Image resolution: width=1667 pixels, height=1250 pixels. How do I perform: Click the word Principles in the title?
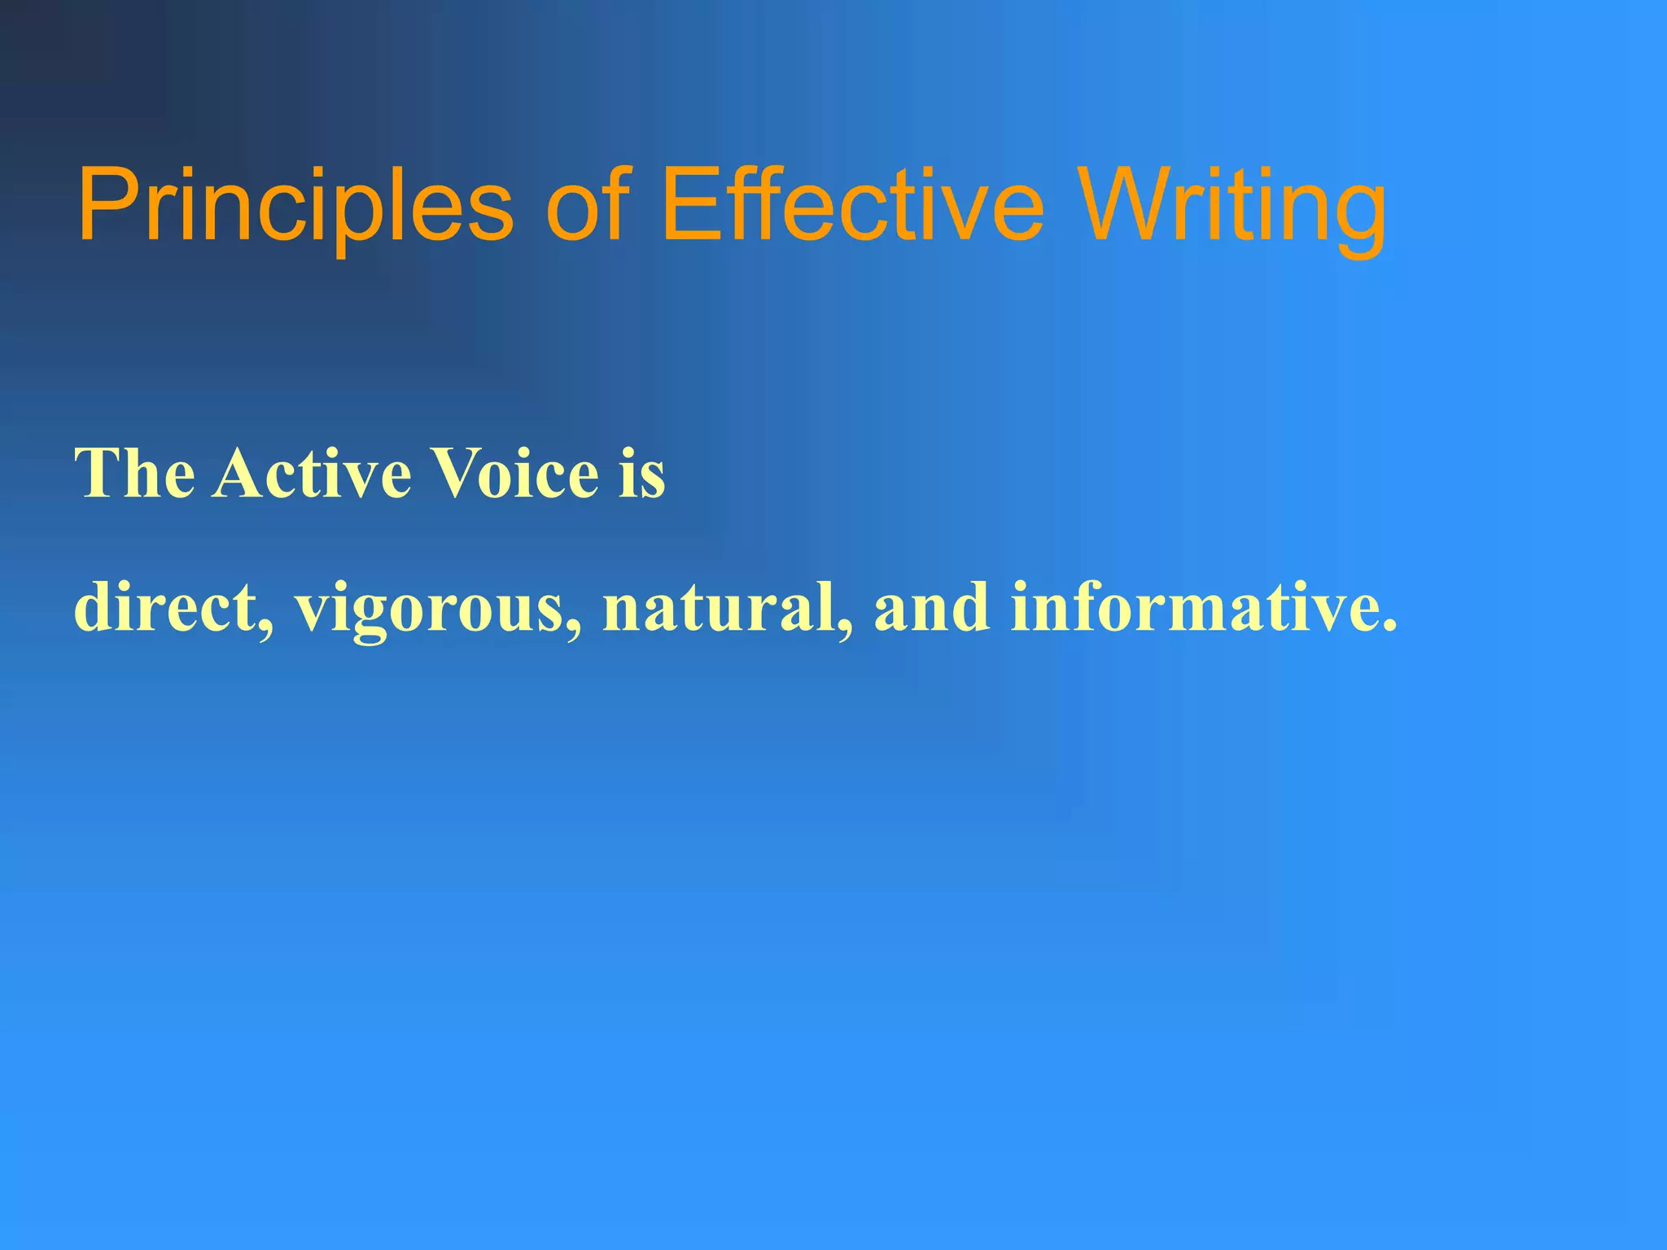tap(295, 205)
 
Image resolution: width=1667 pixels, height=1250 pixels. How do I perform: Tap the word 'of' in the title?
tap(588, 205)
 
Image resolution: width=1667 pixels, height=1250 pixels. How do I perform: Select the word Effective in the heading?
tap(851, 205)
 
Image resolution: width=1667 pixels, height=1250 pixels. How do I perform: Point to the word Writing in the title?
tap(1234, 205)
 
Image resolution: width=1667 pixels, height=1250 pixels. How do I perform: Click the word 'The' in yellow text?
tap(134, 474)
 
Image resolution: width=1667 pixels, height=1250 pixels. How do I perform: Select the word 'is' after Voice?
tap(642, 474)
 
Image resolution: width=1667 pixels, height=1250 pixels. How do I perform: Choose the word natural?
tap(720, 609)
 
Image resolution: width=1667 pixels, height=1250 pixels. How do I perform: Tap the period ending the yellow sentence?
tap(1389, 627)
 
